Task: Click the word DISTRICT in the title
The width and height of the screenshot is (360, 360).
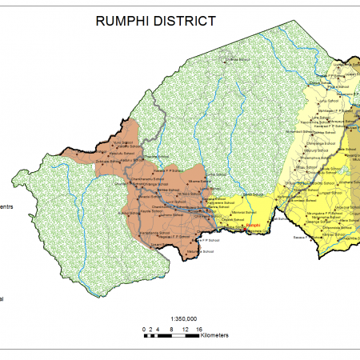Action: pos(186,20)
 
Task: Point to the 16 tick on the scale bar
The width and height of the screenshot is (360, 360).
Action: pos(198,329)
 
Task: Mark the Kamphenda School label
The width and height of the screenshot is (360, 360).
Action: pos(157,233)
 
